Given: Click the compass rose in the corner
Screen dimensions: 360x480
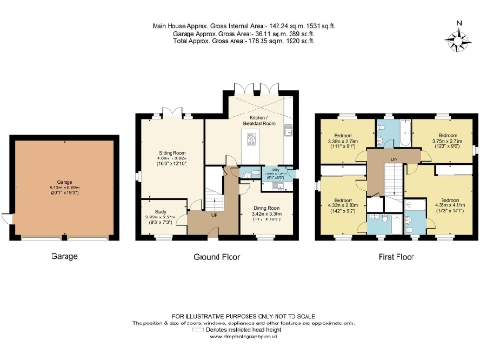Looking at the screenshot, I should tap(458, 40).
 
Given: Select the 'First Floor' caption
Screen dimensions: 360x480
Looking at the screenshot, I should tap(390, 256).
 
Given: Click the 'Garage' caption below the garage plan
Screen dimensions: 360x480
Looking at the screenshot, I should tap(64, 256).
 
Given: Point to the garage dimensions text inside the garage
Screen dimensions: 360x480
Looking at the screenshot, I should tap(64, 187).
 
